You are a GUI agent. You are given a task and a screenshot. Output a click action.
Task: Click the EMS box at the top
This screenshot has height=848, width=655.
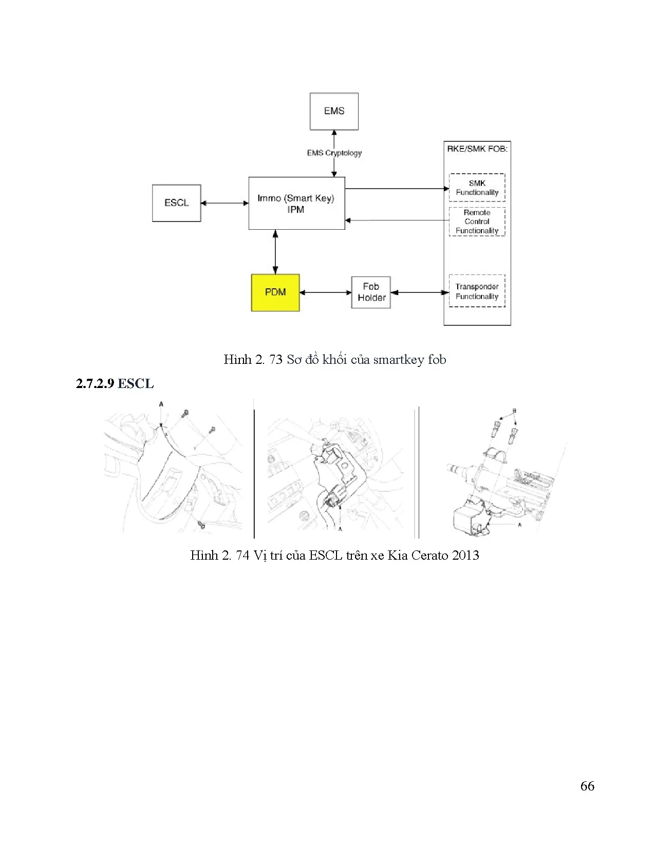(334, 111)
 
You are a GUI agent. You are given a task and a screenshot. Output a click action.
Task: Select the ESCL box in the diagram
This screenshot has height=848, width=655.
(176, 203)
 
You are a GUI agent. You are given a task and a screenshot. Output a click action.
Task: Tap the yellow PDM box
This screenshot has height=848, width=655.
(275, 292)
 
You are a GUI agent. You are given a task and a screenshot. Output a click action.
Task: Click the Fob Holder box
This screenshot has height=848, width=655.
(371, 292)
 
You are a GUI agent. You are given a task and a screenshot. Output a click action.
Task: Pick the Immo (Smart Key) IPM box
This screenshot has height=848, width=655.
(296, 204)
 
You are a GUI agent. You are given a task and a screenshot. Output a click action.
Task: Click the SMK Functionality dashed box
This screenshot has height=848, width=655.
(477, 188)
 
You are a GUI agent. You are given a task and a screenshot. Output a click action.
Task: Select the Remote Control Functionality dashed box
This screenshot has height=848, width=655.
(477, 222)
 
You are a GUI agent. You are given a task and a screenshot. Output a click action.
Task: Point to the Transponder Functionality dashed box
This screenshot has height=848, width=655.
(477, 291)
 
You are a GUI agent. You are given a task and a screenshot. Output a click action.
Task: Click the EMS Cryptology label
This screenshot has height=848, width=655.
(334, 153)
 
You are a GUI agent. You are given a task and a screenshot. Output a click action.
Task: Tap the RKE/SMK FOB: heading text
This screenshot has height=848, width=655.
(477, 149)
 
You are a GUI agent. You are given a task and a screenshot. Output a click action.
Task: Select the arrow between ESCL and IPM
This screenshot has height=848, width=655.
(224, 203)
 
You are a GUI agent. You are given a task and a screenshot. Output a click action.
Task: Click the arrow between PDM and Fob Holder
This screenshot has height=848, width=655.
(325, 292)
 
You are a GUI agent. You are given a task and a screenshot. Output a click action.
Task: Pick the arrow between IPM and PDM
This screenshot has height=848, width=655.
(276, 252)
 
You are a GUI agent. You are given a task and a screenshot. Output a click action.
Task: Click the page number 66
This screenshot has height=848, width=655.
(587, 786)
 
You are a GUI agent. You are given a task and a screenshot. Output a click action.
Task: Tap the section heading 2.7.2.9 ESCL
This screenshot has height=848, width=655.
(115, 383)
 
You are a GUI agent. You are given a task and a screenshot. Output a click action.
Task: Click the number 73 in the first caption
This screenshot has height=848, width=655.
(276, 359)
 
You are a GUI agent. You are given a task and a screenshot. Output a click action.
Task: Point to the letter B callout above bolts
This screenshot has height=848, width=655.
(514, 411)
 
